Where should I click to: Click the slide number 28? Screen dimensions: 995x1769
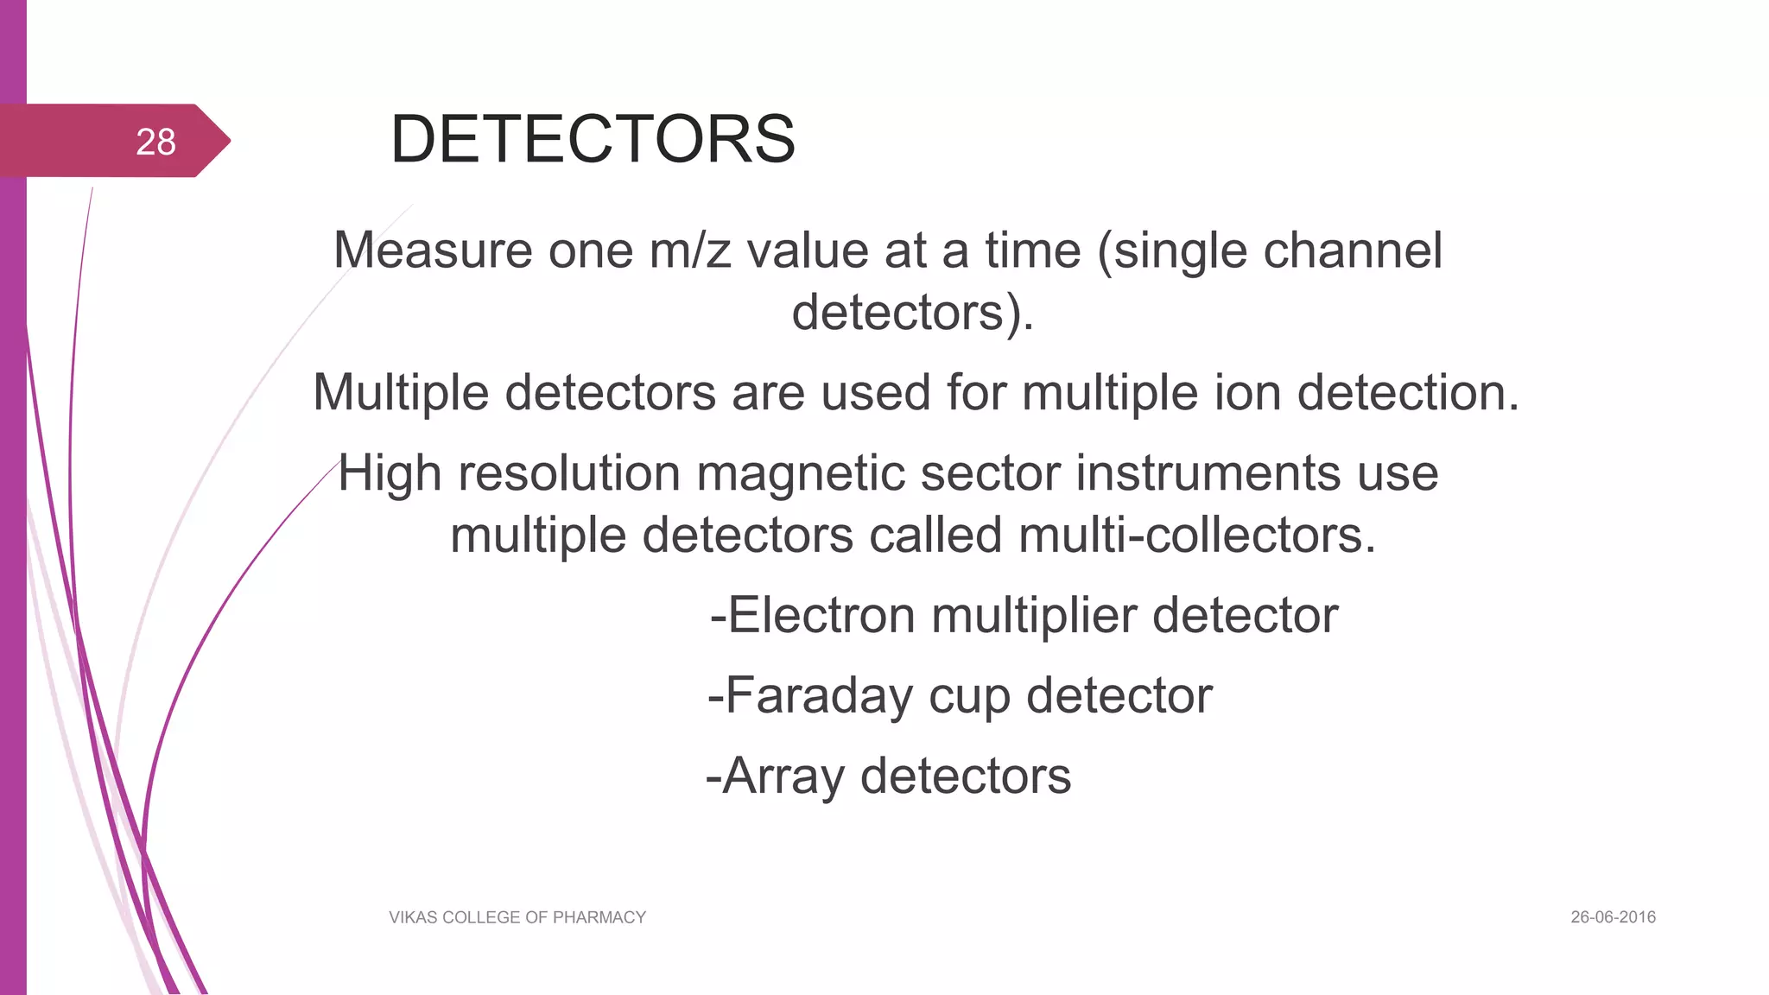point(155,142)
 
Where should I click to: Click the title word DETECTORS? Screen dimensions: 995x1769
point(593,139)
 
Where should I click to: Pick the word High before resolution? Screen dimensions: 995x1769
point(390,473)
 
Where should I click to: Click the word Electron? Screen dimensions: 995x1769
point(821,616)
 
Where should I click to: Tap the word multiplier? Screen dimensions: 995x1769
point(1033,616)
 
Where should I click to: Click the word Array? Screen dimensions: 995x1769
point(783,776)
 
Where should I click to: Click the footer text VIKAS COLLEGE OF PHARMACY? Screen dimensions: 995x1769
point(517,917)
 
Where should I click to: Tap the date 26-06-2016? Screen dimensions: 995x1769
point(1613,917)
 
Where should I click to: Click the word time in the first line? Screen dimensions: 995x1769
point(1032,250)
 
